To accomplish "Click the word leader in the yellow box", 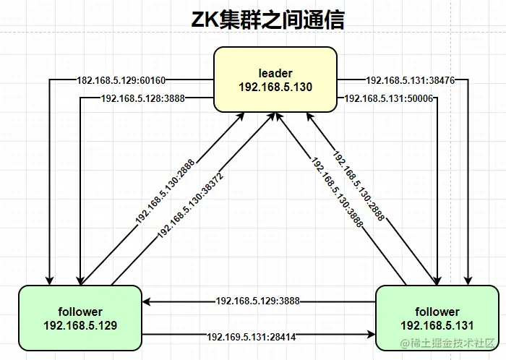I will (275, 73).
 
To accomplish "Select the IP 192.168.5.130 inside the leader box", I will (275, 87).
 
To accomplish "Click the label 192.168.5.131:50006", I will (388, 98).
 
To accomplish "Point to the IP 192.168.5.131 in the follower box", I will (437, 325).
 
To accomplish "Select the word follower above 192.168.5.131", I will (437, 312).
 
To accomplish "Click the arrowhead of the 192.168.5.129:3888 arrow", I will (145, 300).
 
